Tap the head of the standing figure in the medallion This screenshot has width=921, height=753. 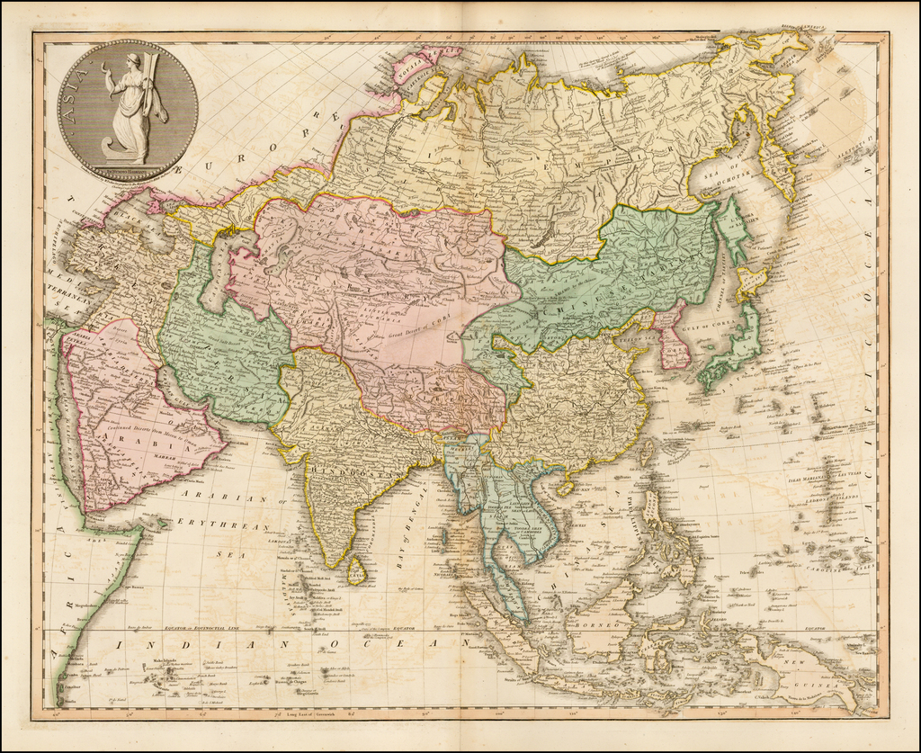(134, 61)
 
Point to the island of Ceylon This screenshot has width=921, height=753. (357, 569)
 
